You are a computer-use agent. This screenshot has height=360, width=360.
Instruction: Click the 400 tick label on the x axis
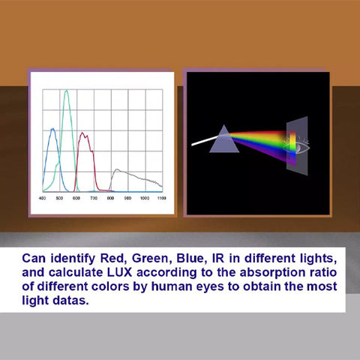point(42,198)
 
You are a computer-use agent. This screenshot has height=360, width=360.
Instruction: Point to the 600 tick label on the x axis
point(76,198)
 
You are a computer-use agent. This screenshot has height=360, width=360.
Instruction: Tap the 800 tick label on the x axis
point(110,198)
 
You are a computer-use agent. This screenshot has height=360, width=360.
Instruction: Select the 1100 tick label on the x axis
point(162,198)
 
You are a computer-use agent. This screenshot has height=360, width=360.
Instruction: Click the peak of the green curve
point(67,91)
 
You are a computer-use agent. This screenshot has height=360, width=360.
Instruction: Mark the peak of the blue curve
point(52,129)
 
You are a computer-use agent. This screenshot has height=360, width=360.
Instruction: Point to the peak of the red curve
point(82,133)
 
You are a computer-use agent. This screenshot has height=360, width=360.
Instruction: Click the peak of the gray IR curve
point(117,169)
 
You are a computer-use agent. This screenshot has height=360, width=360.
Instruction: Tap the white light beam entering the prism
point(204,141)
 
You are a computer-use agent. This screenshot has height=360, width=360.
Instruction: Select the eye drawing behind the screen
point(300,147)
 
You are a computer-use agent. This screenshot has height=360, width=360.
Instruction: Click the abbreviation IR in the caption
point(218,259)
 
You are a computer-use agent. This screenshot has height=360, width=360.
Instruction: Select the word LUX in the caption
point(119,272)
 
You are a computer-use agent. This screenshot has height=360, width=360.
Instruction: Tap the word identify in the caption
point(73,259)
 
